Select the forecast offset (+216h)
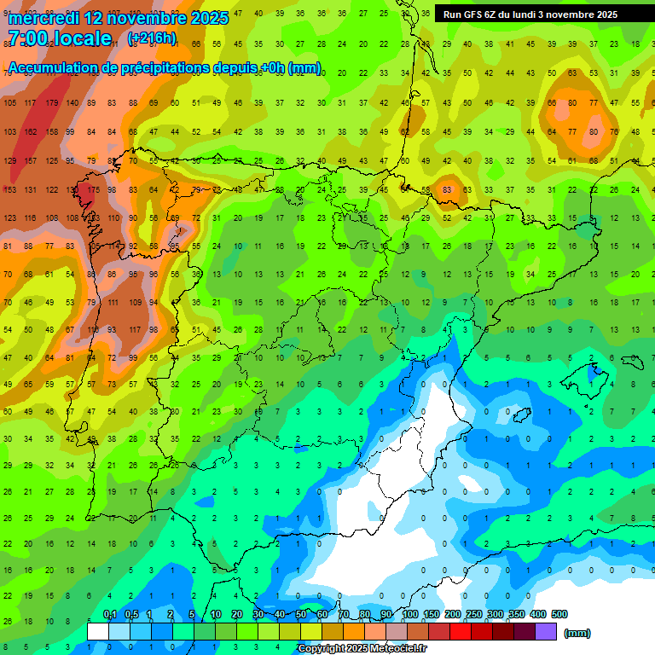pos(152,38)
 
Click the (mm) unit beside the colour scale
pos(577,633)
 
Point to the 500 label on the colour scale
pos(559,614)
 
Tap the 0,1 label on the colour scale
pos(110,614)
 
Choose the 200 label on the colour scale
pos(452,614)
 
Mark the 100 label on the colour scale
pos(409,614)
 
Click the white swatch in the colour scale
pos(98,632)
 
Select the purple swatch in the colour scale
pos(546,632)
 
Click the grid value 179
pos(53,103)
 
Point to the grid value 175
pos(94,189)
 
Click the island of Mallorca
pos(594,373)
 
